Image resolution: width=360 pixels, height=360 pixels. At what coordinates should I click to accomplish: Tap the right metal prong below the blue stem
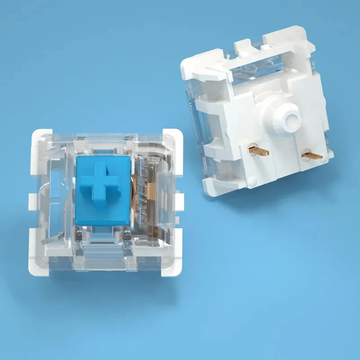(127, 233)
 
